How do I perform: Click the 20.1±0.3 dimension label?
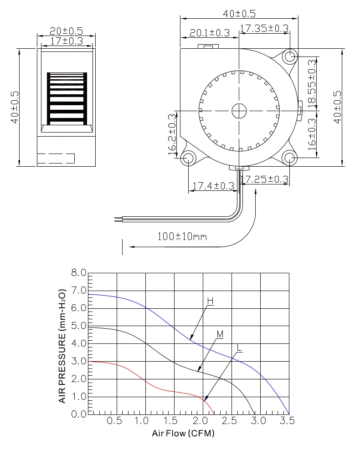point(210,33)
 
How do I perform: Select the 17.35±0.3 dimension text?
point(264,28)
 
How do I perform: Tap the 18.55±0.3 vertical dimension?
point(312,83)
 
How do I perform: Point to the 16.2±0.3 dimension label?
point(172,134)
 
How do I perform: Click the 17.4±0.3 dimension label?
point(213,186)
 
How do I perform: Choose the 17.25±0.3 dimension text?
point(265,179)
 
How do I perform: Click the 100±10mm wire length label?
point(182,236)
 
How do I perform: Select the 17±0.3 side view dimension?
point(67,41)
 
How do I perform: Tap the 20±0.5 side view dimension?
point(66,31)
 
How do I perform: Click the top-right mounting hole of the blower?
point(289,56)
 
